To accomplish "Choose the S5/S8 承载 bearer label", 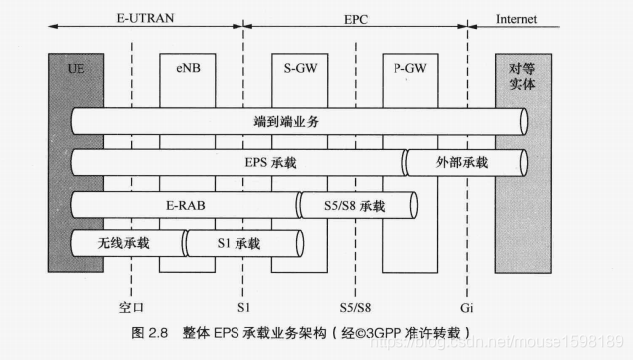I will pos(354,205).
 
